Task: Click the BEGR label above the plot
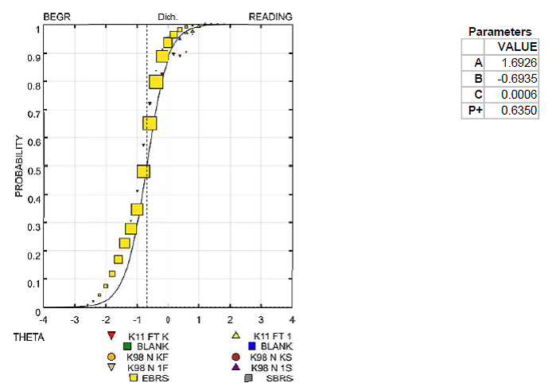tap(56, 16)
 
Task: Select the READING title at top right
tap(270, 16)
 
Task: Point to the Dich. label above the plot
tap(167, 17)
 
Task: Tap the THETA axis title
tap(29, 337)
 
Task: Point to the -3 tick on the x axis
tap(74, 318)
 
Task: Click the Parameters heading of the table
tap(500, 32)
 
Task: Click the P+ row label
tap(476, 110)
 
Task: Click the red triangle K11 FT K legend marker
tap(112, 336)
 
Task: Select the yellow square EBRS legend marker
tap(134, 378)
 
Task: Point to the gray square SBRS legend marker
tap(249, 378)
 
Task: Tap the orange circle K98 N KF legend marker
tap(112, 357)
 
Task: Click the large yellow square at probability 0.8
tap(156, 82)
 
